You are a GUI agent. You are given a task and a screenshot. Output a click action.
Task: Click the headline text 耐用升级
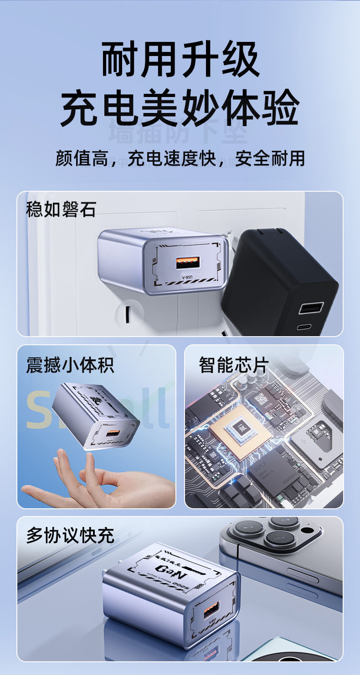(x=180, y=60)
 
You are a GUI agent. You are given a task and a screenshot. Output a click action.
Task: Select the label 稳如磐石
(x=61, y=210)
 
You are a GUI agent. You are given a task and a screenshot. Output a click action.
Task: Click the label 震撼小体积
(x=70, y=365)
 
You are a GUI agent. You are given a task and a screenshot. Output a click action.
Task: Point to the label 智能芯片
(x=234, y=365)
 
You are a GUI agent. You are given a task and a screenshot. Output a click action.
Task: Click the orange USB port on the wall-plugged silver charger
(x=187, y=264)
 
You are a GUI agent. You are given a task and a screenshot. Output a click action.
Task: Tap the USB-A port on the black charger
(x=311, y=308)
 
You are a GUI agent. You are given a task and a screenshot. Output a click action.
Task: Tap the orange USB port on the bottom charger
(x=211, y=609)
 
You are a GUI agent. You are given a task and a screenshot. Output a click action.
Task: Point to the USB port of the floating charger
(x=113, y=434)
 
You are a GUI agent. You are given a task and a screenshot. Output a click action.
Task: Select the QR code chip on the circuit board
(x=261, y=399)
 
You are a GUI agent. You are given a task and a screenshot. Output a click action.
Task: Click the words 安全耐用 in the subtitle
(x=270, y=159)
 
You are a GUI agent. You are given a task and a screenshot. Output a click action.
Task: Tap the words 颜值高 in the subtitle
(x=82, y=159)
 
